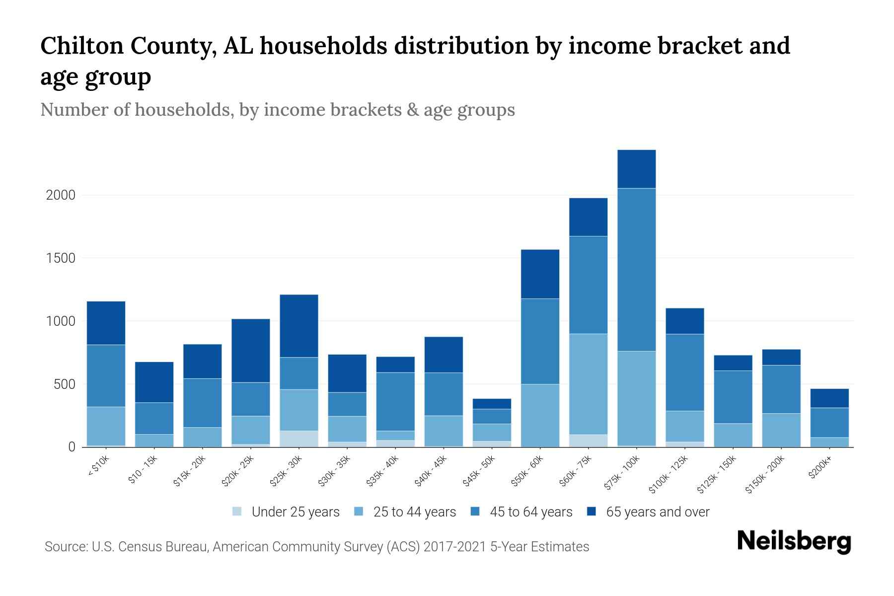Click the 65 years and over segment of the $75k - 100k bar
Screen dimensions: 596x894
636,169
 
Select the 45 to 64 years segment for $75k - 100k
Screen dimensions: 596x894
636,270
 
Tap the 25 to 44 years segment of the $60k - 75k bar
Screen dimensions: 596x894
588,384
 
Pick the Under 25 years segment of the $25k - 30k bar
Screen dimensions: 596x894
299,439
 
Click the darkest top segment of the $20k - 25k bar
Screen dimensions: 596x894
251,351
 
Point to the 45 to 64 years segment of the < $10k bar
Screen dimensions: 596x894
106,375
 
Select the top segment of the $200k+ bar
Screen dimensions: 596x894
829,398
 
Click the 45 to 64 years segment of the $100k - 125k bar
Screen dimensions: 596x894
685,372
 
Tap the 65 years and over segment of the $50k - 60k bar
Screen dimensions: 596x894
540,274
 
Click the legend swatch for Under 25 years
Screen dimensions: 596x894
237,512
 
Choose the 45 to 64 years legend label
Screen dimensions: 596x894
531,512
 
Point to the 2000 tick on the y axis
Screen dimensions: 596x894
61,195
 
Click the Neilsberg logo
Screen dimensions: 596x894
794,541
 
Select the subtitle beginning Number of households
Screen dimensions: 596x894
278,110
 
